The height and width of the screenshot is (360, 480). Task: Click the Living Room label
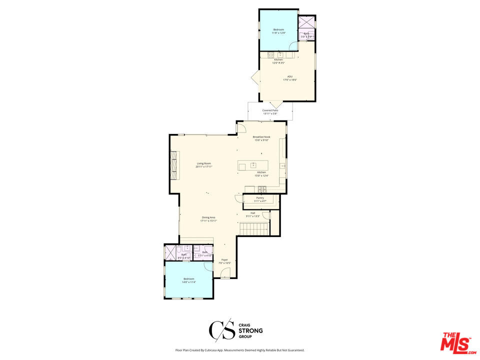[204, 163]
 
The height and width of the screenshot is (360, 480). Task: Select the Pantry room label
[260, 198]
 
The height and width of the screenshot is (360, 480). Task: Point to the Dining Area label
[208, 217]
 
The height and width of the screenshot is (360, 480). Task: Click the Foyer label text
[224, 260]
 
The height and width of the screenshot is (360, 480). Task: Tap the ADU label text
[290, 77]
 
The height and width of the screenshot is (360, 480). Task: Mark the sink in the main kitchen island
[253, 165]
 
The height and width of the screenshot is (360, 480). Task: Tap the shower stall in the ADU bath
[305, 22]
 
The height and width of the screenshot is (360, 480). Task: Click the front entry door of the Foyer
[225, 273]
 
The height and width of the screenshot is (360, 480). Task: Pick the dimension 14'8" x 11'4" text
[189, 282]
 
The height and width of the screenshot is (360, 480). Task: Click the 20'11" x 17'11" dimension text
[204, 166]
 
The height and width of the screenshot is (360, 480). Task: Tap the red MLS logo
[455, 343]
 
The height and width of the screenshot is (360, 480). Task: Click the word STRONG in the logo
[250, 330]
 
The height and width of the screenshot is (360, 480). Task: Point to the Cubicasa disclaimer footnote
[239, 350]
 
